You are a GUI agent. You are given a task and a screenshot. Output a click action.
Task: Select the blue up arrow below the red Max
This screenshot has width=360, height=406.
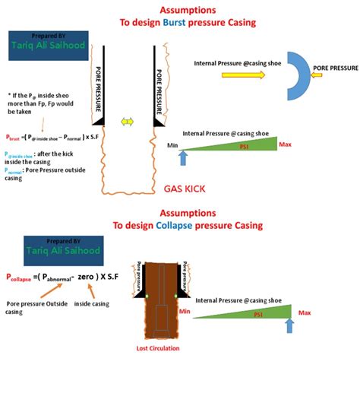pos(289,325)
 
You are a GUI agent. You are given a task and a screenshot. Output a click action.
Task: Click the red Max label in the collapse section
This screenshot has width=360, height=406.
pos(305,312)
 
